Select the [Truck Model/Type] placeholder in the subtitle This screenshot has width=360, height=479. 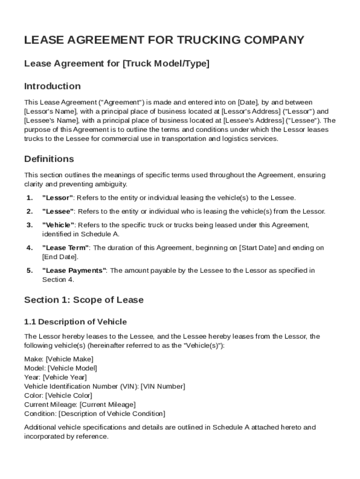[x=166, y=64]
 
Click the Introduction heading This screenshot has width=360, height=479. [x=52, y=86]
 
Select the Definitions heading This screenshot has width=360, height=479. [x=49, y=159]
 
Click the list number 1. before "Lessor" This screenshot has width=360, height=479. [x=29, y=198]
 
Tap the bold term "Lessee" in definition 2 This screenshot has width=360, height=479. [x=59, y=211]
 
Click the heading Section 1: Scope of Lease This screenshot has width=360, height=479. [x=84, y=300]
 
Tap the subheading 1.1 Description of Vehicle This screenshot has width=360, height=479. [x=75, y=322]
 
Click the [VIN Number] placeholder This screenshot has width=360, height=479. [x=163, y=386]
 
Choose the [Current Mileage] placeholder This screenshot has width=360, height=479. [x=108, y=404]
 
